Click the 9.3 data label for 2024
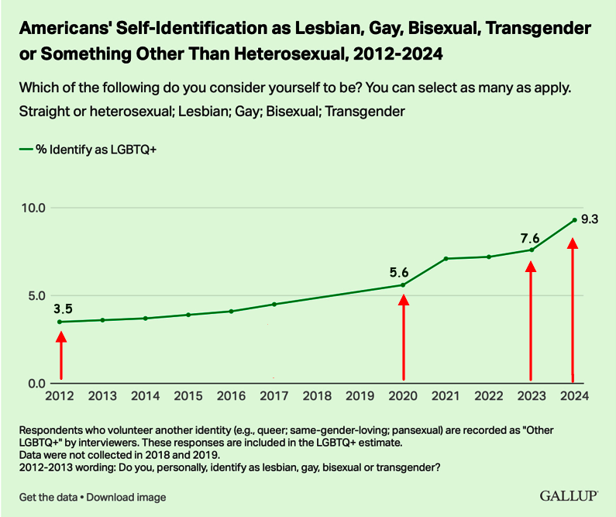pyautogui.click(x=590, y=219)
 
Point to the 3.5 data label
pyautogui.click(x=64, y=308)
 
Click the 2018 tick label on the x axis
pyautogui.click(x=317, y=395)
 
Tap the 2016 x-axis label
pyautogui.click(x=231, y=395)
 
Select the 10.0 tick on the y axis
pyautogui.click(x=33, y=208)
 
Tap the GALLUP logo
pyautogui.click(x=567, y=496)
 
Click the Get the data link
pyautogui.click(x=50, y=497)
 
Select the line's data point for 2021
pyautogui.click(x=446, y=258)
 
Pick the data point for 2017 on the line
pyautogui.click(x=274, y=304)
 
